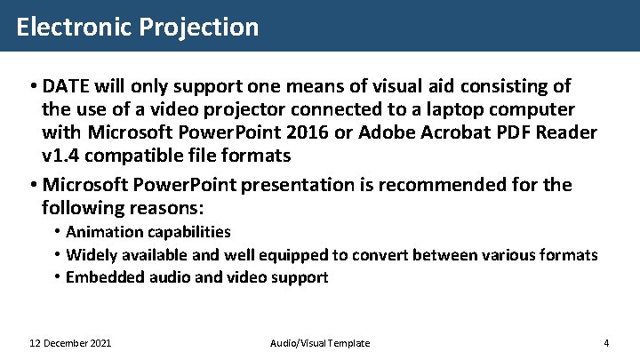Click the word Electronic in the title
point(74,27)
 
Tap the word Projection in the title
point(198,27)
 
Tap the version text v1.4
point(61,156)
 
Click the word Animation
point(103,232)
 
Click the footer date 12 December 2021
point(70,343)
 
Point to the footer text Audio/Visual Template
point(319,343)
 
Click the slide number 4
point(605,343)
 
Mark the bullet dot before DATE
point(31,87)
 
